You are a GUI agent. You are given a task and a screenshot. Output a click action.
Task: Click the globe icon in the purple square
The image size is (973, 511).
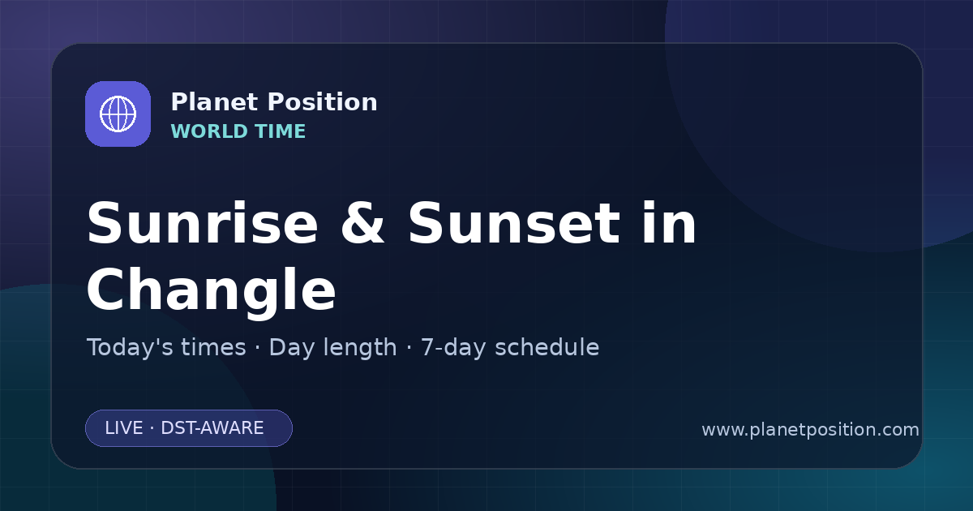click(118, 114)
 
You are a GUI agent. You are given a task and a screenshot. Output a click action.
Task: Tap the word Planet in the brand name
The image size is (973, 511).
click(215, 102)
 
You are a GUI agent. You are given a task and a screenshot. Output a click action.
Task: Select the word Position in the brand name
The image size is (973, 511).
click(323, 102)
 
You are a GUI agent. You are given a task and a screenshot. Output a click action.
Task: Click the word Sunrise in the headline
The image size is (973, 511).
click(203, 223)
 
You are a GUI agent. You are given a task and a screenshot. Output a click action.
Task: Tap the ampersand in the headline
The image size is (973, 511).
click(362, 223)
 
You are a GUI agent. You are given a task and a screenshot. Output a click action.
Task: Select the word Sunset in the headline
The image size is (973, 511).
click(514, 223)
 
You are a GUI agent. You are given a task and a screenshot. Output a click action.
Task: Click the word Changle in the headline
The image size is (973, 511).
click(211, 290)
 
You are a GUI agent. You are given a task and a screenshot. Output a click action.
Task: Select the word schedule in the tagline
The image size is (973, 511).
click(547, 347)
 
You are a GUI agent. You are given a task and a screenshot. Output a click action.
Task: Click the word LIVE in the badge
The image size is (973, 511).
click(124, 428)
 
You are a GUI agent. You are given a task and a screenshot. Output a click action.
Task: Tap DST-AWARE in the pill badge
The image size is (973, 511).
click(212, 428)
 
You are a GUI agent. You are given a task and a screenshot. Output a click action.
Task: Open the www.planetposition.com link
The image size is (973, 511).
click(811, 430)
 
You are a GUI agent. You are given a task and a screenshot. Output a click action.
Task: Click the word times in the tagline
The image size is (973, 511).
click(213, 347)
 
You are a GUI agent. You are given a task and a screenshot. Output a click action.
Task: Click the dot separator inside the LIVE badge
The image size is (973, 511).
click(152, 428)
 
